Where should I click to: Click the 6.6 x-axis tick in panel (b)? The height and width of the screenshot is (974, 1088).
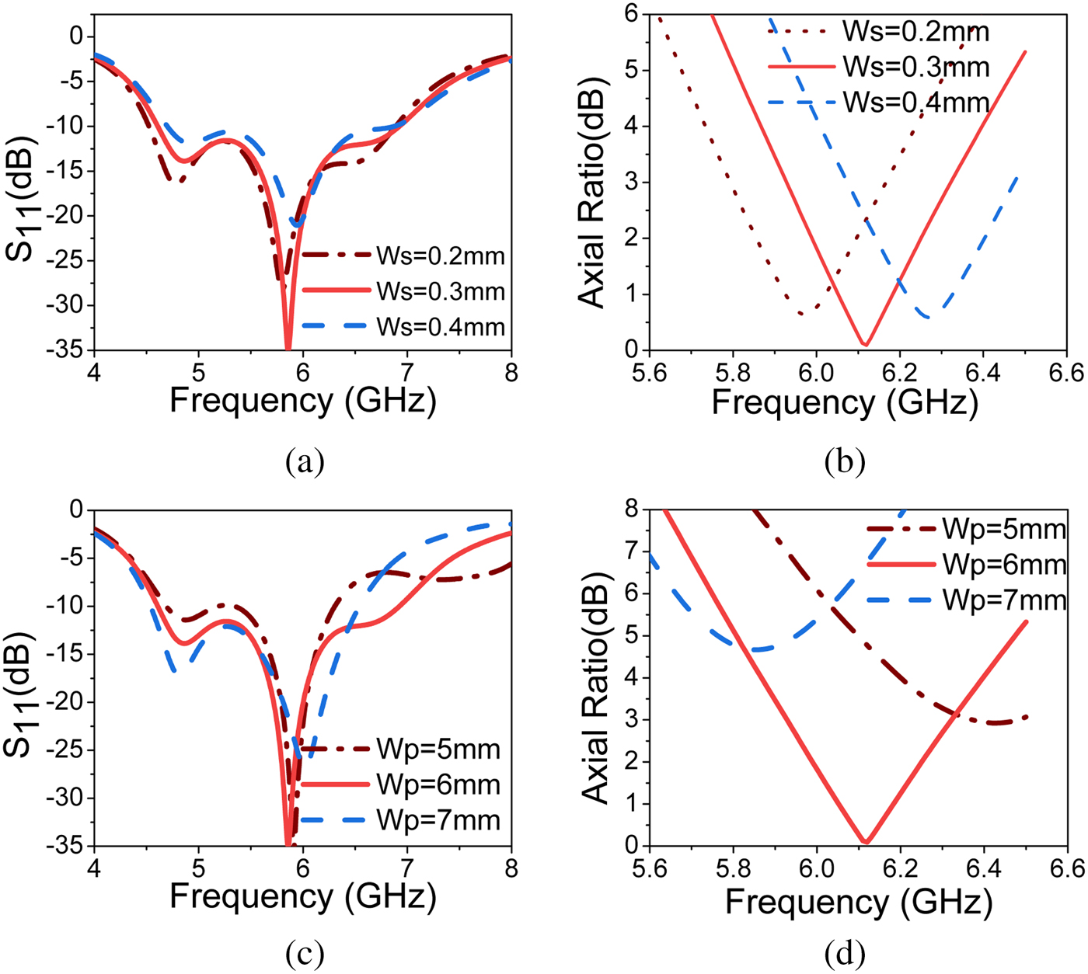[x=1065, y=373]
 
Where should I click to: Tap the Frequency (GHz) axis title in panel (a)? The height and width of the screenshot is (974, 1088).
[x=302, y=401]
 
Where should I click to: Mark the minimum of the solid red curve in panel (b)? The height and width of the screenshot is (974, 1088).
[x=865, y=344]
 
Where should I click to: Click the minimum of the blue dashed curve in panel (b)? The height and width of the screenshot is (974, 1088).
[x=926, y=317]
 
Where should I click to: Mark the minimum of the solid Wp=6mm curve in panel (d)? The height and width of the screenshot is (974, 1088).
[x=866, y=841]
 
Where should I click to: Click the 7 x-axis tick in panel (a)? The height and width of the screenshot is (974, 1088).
[x=406, y=373]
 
